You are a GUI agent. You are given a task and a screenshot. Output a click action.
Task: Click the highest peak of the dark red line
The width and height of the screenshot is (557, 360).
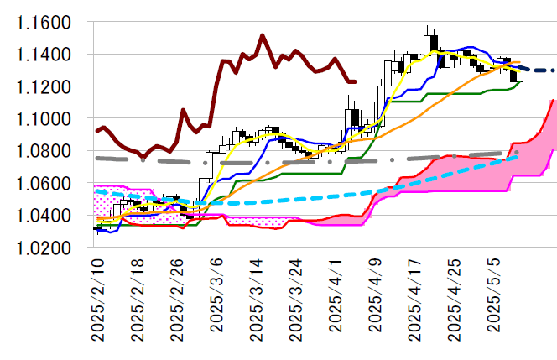click(x=262, y=35)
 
